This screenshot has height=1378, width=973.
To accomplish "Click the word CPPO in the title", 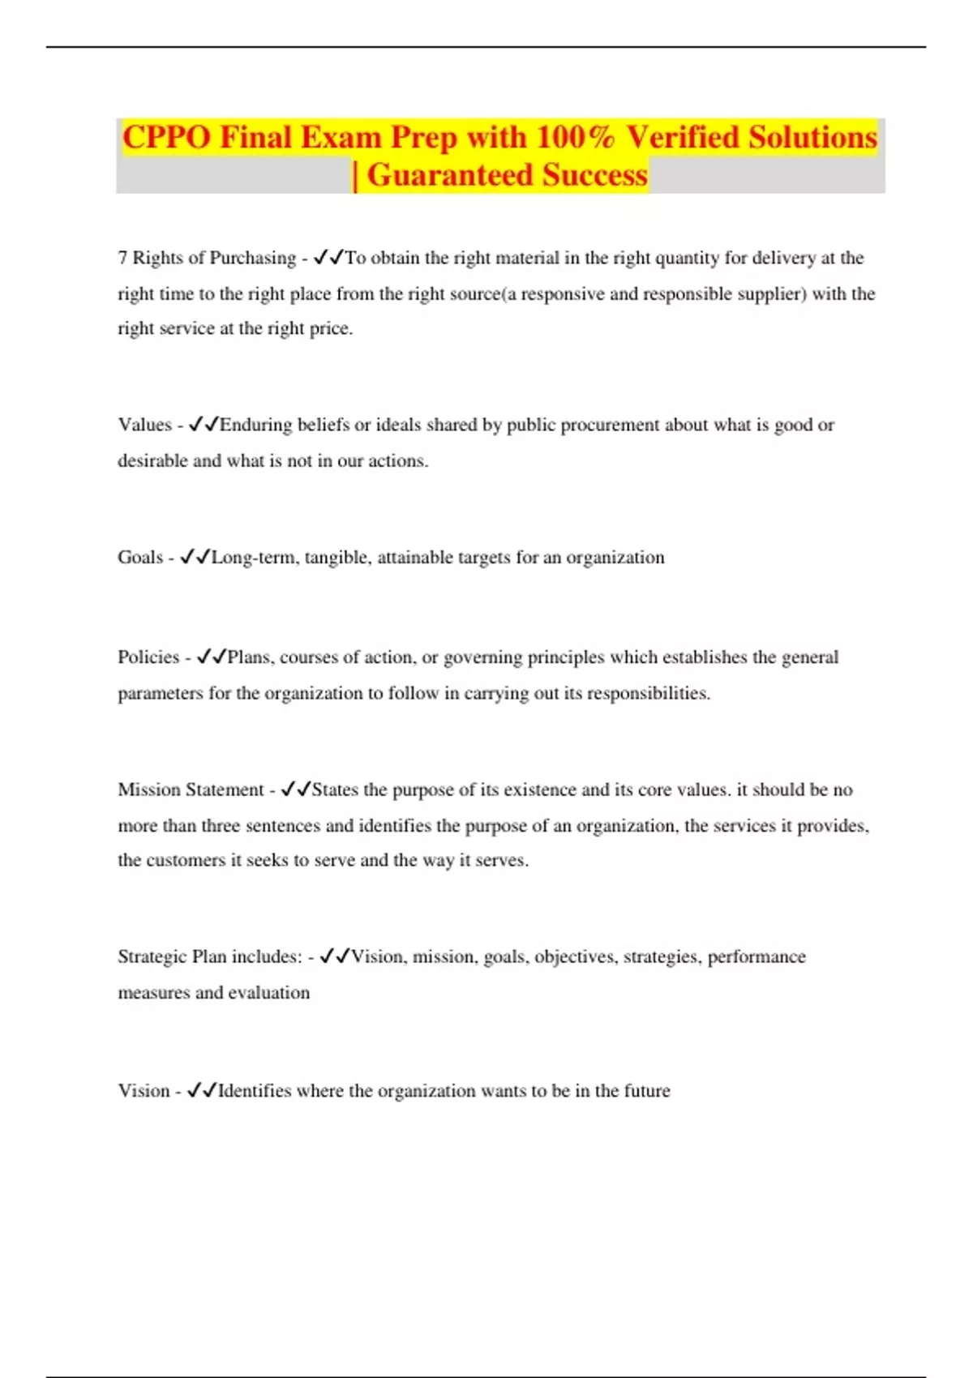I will pyautogui.click(x=166, y=137).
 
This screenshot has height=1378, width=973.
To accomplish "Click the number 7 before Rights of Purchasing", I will pyautogui.click(x=122, y=258).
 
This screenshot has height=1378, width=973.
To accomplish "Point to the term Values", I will pyautogui.click(x=144, y=425).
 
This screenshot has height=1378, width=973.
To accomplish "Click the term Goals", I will pyautogui.click(x=140, y=557).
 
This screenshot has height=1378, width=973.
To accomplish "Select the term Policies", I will pyautogui.click(x=148, y=657).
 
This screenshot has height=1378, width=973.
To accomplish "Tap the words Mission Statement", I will pyautogui.click(x=191, y=790).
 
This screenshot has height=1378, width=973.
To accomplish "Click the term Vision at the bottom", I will pyautogui.click(x=144, y=1090).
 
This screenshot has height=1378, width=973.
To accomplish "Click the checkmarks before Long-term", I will pyautogui.click(x=195, y=557).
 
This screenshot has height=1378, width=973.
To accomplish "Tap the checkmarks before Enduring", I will pyautogui.click(x=204, y=425).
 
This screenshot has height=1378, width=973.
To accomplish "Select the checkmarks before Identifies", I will pyautogui.click(x=202, y=1090).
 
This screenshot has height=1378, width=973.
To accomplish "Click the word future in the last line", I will pyautogui.click(x=646, y=1090).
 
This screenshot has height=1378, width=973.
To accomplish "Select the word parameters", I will pyautogui.click(x=160, y=693).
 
